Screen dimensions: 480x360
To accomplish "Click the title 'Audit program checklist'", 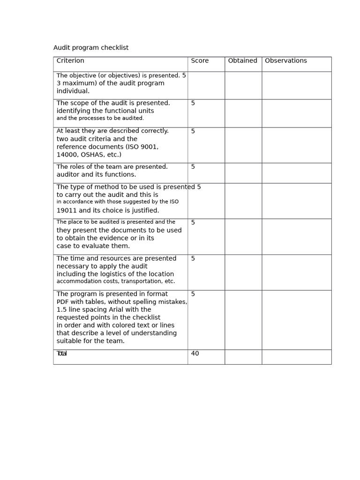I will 90,48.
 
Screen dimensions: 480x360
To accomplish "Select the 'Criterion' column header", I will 70,61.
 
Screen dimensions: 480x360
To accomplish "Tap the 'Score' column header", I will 200,61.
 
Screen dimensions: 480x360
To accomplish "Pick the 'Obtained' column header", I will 242,61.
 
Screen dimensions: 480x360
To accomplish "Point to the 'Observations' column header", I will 285,61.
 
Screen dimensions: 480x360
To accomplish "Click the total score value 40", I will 195,354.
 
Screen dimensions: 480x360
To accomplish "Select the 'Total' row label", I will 61,354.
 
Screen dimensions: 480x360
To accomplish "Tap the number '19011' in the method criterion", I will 67,210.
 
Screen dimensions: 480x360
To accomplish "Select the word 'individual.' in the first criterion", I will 73,91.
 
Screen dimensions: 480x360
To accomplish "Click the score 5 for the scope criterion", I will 193,104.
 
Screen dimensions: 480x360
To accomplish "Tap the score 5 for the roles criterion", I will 193,167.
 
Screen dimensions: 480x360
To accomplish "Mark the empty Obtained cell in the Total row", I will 243,357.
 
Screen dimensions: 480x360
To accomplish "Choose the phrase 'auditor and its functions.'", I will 96,175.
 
